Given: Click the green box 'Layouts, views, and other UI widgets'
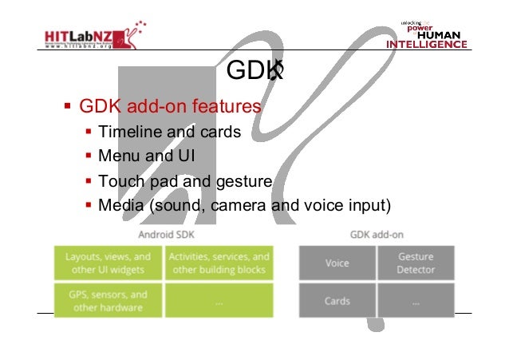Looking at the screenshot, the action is coord(108,263).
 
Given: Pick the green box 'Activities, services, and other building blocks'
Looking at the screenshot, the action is coord(219,263).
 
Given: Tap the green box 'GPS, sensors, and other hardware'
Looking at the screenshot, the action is coord(108,301).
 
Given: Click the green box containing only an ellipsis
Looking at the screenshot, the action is coord(219,301).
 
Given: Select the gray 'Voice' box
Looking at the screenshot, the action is coord(337,263).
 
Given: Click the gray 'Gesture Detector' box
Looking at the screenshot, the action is coord(416,263).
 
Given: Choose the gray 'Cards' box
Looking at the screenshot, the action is coord(337,301).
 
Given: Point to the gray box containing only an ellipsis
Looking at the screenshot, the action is coord(416,301).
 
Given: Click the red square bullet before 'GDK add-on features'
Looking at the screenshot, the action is coord(69,105).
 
